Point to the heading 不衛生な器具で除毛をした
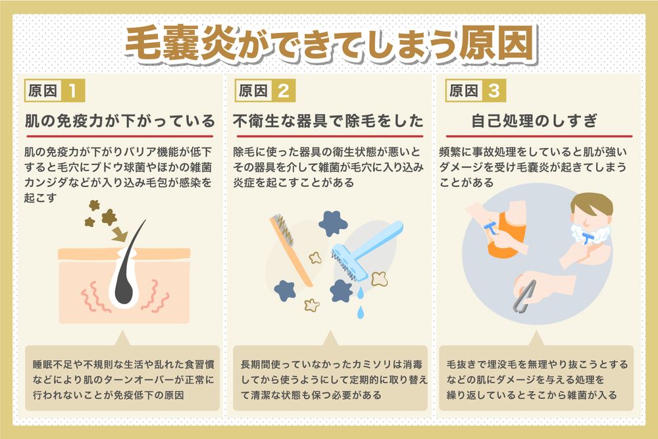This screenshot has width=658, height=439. tap(329, 122)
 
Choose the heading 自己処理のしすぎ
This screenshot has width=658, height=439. tap(534, 122)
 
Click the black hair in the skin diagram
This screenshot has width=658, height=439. tap(137, 263)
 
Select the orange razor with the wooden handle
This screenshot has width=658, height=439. tap(290, 247)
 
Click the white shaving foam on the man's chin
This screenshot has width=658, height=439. tap(587, 234)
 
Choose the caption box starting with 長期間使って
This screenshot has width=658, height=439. tap(329, 380)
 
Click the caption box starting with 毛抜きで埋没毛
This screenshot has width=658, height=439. tap(536, 380)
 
